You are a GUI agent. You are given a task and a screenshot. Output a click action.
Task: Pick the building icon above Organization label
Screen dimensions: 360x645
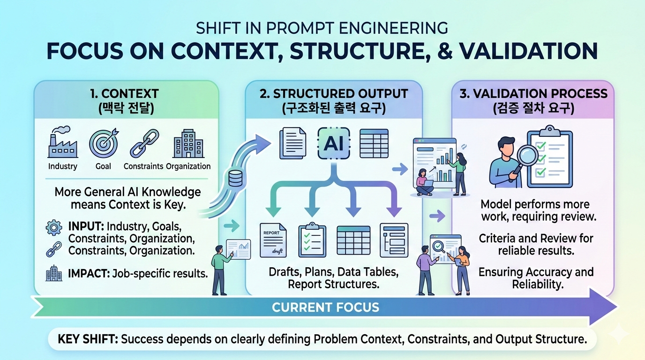[187, 142]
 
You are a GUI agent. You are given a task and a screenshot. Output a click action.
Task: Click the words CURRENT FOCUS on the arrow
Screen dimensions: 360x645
[325, 308]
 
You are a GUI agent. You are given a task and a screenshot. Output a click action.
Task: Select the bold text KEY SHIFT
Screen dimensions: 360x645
[87, 339]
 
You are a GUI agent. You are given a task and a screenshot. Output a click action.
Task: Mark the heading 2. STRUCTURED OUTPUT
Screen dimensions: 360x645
[334, 93]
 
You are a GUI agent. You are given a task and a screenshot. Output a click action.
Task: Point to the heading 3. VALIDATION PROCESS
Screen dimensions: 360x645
[533, 93]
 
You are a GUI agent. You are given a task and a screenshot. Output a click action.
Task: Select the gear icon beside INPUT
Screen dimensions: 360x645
[53, 228]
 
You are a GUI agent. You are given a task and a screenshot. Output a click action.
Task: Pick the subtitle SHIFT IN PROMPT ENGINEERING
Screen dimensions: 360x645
[322, 28]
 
